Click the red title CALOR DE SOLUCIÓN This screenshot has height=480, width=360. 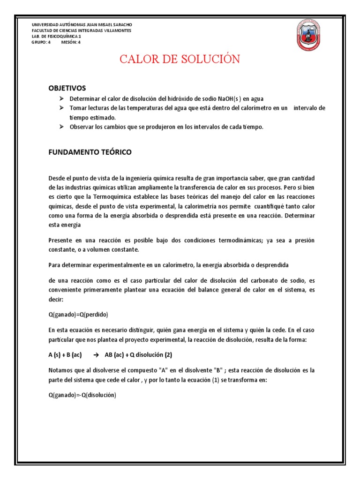[x=180, y=59]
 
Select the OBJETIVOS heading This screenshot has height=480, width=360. [x=67, y=88]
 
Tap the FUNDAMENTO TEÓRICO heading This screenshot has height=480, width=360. [x=90, y=152]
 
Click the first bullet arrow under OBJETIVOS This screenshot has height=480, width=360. [x=61, y=99]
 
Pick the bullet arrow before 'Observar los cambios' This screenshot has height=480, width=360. [x=61, y=127]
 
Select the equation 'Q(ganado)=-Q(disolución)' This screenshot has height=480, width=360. [x=82, y=395]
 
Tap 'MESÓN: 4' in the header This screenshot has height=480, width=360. [x=71, y=42]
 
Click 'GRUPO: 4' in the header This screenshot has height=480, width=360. [x=41, y=42]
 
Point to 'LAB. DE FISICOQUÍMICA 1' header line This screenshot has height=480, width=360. [x=56, y=36]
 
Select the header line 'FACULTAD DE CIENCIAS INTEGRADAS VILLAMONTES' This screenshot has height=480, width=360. [x=81, y=30]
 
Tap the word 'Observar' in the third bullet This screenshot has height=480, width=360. [x=82, y=127]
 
